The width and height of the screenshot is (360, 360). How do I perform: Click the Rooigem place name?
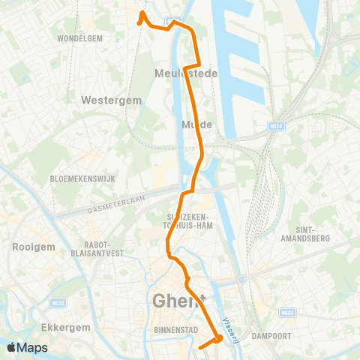tap(29, 246)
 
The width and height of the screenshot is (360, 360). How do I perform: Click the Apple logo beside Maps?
tap(12, 347)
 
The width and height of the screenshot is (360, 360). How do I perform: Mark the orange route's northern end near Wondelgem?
tap(141, 13)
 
